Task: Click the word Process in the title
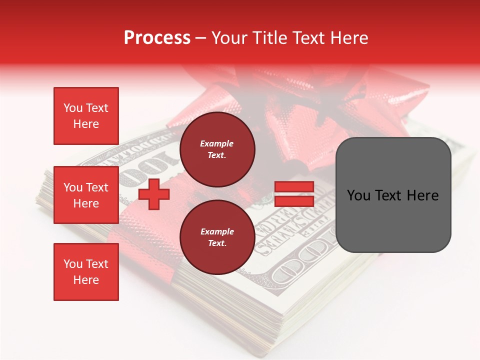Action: [157, 37]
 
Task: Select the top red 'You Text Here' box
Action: [86, 116]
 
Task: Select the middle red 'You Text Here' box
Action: [86, 195]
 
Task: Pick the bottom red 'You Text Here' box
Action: [86, 271]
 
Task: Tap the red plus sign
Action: [154, 194]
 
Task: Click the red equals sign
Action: [294, 194]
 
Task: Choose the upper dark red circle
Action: [217, 149]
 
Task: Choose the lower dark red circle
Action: [217, 237]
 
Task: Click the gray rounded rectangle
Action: [393, 195]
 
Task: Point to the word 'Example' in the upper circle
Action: [216, 143]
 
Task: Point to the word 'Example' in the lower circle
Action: [217, 231]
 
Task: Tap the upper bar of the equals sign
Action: [294, 187]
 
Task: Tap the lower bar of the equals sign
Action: [294, 201]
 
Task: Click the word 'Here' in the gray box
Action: [423, 195]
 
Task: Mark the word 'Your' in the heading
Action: [229, 37]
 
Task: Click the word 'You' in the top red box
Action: [73, 108]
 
